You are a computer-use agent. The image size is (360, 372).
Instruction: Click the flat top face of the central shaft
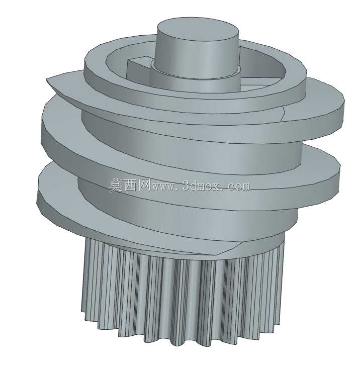click(x=198, y=31)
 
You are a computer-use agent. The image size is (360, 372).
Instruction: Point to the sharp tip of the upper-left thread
click(x=47, y=78)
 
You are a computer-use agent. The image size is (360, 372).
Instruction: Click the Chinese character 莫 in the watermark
click(x=116, y=185)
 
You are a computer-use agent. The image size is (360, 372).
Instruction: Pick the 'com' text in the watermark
click(x=238, y=187)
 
